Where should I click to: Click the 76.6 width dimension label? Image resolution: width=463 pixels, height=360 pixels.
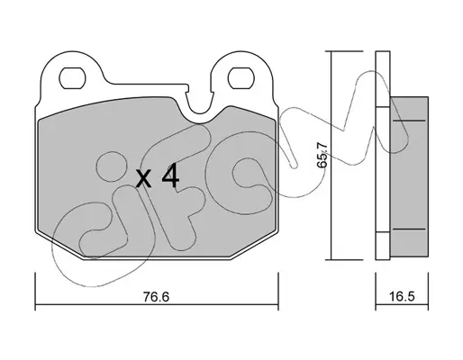point(156,297)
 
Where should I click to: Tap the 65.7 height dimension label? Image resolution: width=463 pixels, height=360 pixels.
point(322,155)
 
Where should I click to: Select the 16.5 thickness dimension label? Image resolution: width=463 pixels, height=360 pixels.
point(402,296)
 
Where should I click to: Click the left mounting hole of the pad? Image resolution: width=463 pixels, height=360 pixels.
point(72,78)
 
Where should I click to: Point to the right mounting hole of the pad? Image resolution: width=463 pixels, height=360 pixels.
point(241,78)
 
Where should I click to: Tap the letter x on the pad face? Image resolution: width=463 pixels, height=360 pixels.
point(143,179)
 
